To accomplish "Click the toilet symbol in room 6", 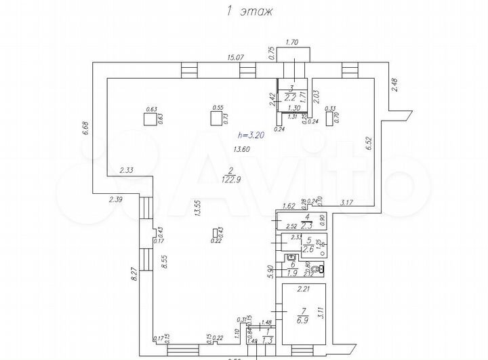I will (x=319, y=268).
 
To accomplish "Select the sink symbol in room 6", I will (x=291, y=258).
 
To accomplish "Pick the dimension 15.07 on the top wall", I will (x=235, y=58).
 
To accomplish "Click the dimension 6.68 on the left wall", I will (x=86, y=129).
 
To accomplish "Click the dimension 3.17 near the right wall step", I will (x=347, y=201).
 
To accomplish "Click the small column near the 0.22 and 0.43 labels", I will (x=216, y=233).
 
